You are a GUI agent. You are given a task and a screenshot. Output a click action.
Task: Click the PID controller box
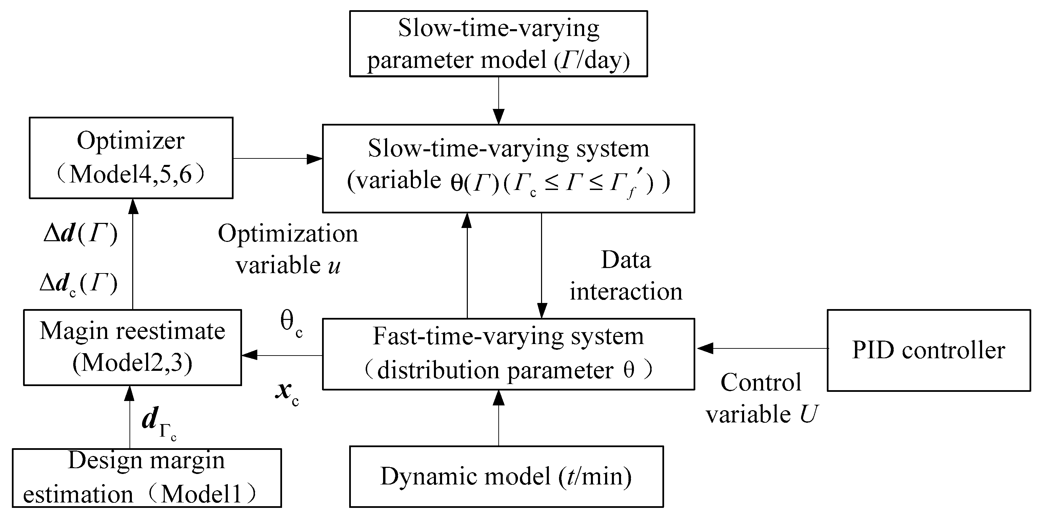pyautogui.click(x=928, y=350)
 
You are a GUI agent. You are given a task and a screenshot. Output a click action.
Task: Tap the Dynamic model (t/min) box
pyautogui.click(x=506, y=476)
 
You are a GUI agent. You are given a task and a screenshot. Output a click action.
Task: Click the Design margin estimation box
pyautogui.click(x=146, y=478)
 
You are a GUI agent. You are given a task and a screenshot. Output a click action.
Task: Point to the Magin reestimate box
pyautogui.click(x=133, y=347)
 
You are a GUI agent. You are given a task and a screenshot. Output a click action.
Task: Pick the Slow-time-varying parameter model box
pyautogui.click(x=498, y=43)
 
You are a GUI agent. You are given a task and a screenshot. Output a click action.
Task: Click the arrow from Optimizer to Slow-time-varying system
pyautogui.click(x=278, y=159)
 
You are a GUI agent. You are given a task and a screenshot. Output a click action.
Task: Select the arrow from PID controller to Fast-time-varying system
pyautogui.click(x=761, y=348)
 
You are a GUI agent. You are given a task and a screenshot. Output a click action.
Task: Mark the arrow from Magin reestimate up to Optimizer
pyautogui.click(x=133, y=254)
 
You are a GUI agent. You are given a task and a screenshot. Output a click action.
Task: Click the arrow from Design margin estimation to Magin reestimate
pyautogui.click(x=129, y=417)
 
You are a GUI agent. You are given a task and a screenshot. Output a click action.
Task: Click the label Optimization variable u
pyautogui.click(x=287, y=249)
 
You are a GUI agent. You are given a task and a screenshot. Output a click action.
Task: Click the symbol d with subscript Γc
pyautogui.click(x=159, y=423)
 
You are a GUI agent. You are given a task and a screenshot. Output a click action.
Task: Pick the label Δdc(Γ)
pyautogui.click(x=79, y=284)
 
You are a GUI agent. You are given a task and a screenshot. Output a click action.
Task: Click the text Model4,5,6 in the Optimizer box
pyautogui.click(x=131, y=174)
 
